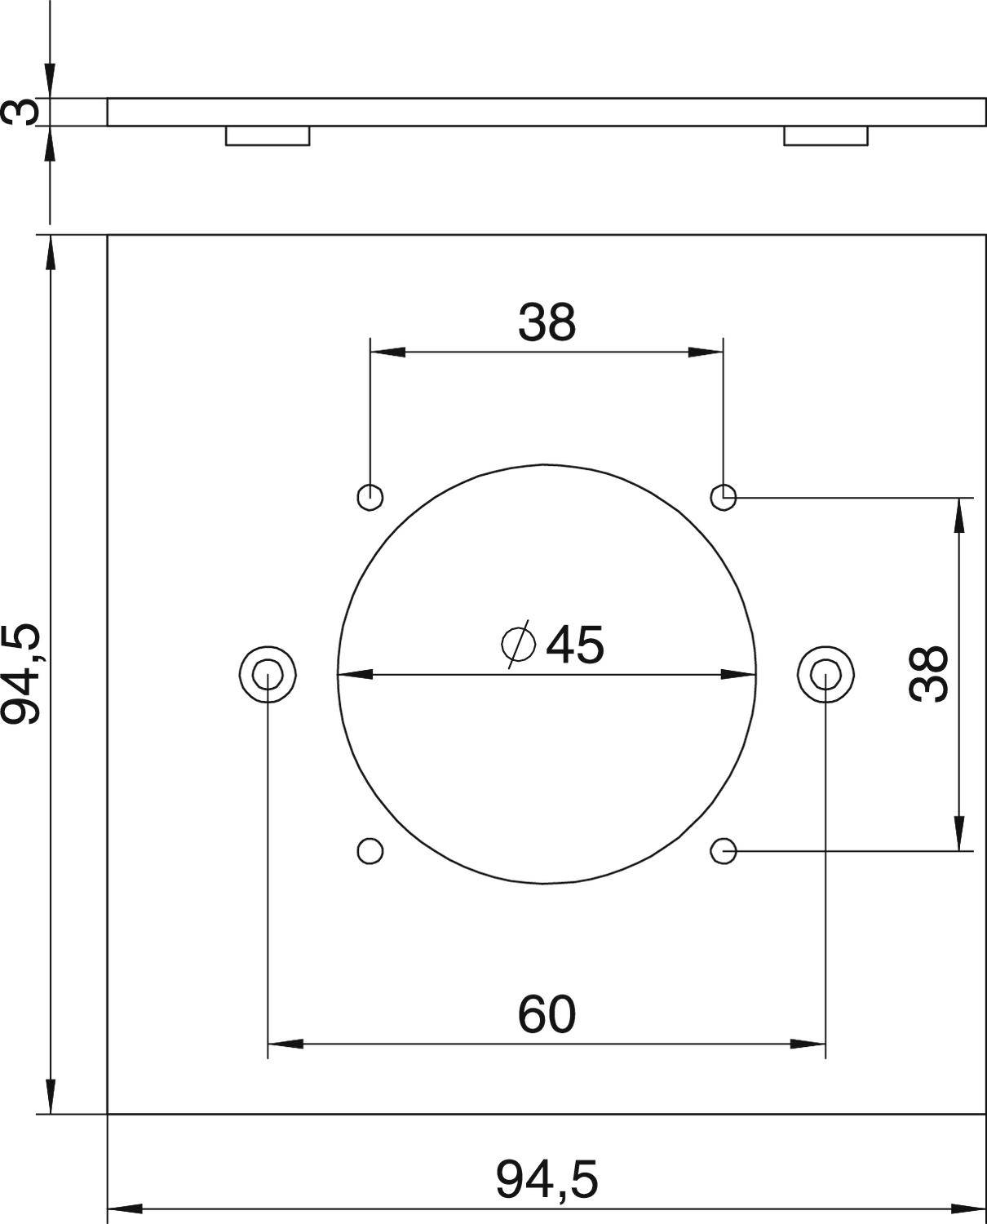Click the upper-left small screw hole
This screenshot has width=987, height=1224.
tap(370, 495)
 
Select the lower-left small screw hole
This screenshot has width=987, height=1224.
tap(370, 850)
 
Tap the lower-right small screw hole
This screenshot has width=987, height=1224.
tap(724, 850)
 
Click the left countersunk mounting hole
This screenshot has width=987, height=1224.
tap(268, 674)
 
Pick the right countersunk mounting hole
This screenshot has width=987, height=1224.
tap(826, 674)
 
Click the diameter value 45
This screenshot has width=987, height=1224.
tap(575, 645)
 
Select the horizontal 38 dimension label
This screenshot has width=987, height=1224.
tap(547, 322)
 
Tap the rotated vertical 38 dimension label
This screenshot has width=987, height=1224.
tap(929, 673)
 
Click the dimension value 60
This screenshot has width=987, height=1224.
tap(547, 1015)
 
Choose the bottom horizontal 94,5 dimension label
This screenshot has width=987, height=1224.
tap(547, 1180)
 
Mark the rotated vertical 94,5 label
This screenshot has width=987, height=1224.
tap(21, 673)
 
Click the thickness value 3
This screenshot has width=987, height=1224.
tap(21, 111)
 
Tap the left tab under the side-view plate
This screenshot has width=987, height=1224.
tap(268, 136)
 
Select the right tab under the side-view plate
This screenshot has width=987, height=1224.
tap(825, 136)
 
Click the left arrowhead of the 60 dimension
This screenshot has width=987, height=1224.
tap(285, 1043)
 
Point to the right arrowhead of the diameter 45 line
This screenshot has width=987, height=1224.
tap(739, 674)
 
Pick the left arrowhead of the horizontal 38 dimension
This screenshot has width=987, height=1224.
tap(388, 353)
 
